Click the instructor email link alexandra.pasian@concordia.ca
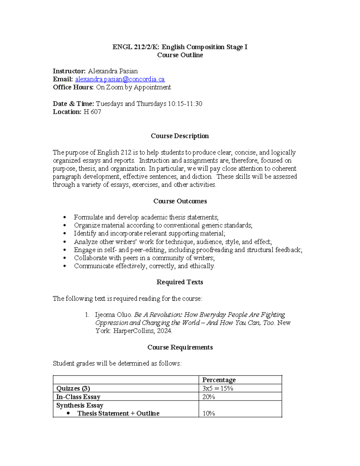click(x=120, y=79)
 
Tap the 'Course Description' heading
click(x=180, y=136)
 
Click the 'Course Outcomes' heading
click(x=180, y=201)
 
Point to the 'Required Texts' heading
click(x=180, y=282)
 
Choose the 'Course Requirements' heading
click(x=180, y=347)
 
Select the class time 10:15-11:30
click(x=185, y=104)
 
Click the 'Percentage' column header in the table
click(x=219, y=380)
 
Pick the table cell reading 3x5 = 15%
click(x=217, y=388)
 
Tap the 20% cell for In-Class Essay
click(x=208, y=397)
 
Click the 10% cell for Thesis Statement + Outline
click(x=208, y=413)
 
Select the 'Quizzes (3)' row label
click(x=73, y=388)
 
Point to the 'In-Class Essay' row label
click(x=78, y=397)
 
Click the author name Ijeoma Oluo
click(x=113, y=315)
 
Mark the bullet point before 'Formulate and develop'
click(x=65, y=217)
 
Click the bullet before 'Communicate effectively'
click(x=65, y=266)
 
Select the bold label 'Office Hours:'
click(x=73, y=87)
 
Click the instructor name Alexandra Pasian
click(x=112, y=71)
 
